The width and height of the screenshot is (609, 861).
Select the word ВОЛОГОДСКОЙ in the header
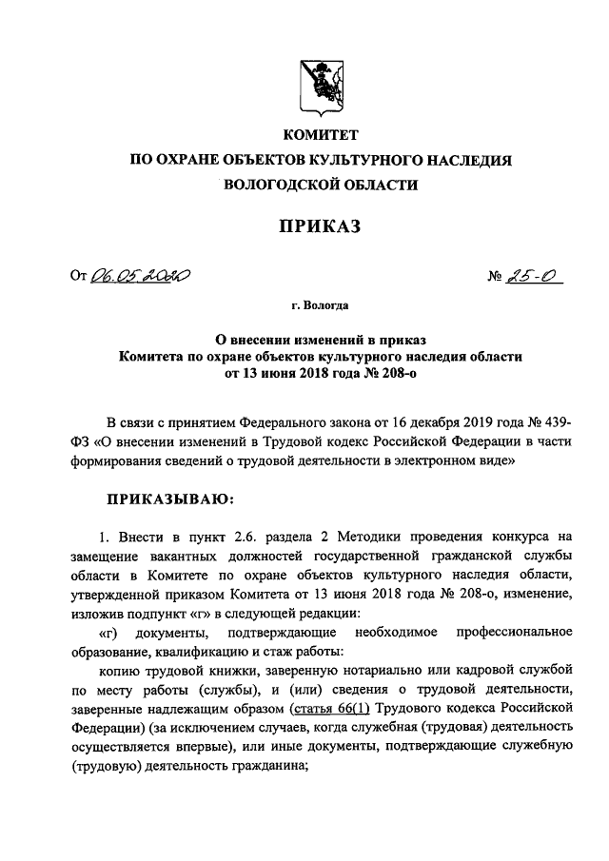pyautogui.click(x=285, y=186)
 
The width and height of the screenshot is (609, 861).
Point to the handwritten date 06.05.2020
pyautogui.click(x=140, y=277)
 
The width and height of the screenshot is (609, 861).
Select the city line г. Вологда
pyautogui.click(x=320, y=306)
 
